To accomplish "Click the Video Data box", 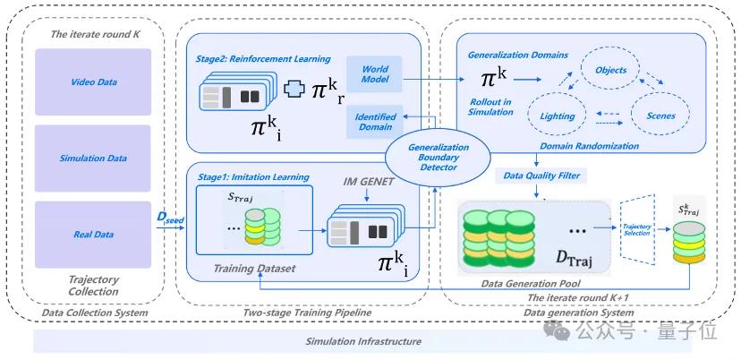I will (x=94, y=82).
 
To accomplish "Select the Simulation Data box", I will (x=94, y=159).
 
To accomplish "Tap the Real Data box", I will (x=94, y=235).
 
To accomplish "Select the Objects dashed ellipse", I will (x=611, y=69).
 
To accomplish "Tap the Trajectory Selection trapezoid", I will (x=637, y=227).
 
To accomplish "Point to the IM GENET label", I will (x=368, y=182).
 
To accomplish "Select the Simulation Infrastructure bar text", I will (x=362, y=341).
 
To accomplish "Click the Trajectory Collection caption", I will (x=93, y=286).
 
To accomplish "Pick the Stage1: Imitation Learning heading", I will (x=252, y=176).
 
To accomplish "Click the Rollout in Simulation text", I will (x=491, y=107).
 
